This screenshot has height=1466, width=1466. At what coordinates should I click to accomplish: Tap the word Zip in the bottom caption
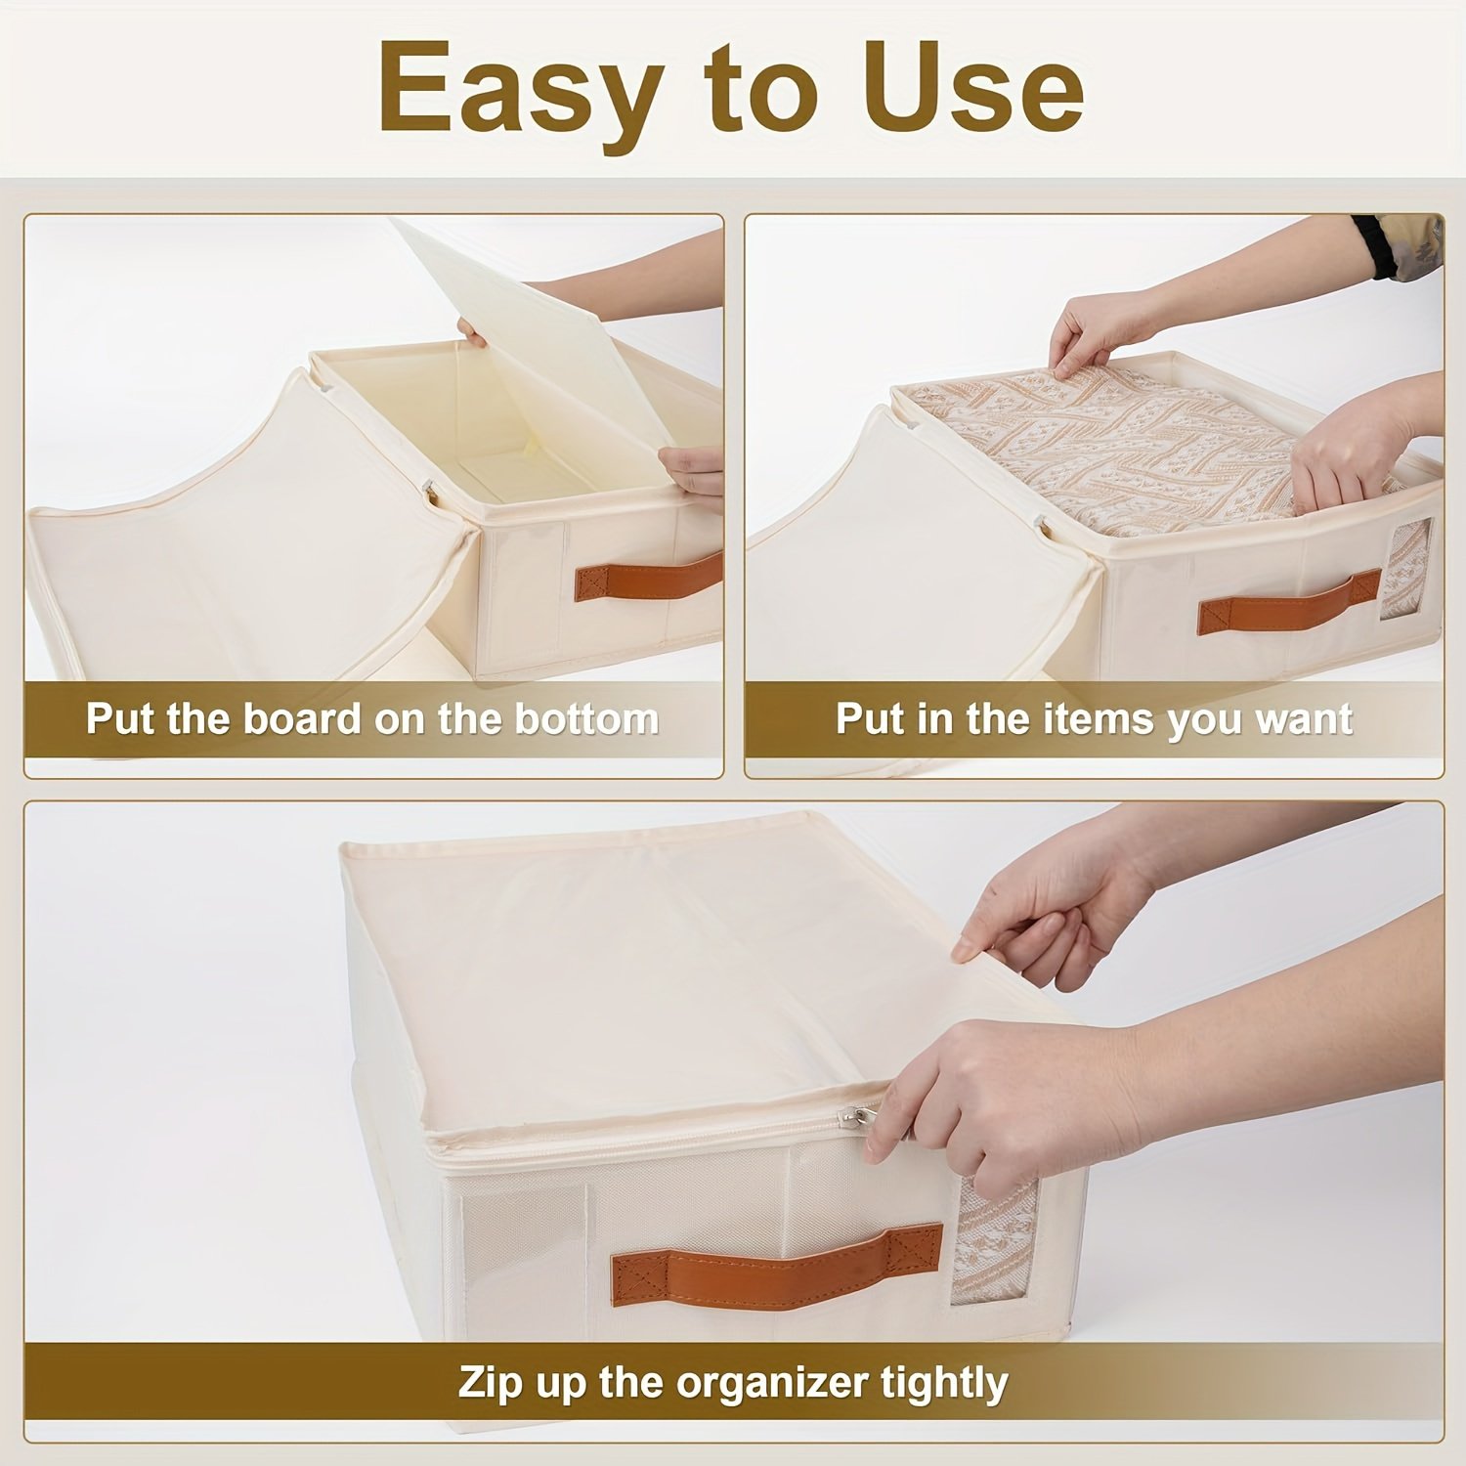tap(491, 1383)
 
